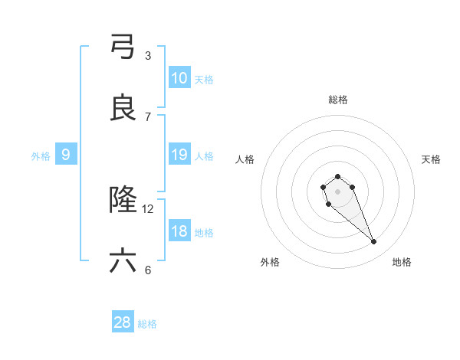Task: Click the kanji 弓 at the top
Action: [123, 46]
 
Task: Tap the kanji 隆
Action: [123, 201]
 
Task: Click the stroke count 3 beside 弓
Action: [148, 55]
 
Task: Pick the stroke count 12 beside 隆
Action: [148, 208]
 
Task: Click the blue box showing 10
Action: [179, 78]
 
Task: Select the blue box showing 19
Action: [179, 155]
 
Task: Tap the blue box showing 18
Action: [179, 232]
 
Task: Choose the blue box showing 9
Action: [66, 155]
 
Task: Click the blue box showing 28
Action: [123, 323]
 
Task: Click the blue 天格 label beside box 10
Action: [204, 79]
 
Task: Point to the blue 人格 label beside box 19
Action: [204, 156]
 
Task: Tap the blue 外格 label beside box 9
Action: [41, 156]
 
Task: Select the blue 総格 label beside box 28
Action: [147, 324]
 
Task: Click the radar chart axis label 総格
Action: [337, 100]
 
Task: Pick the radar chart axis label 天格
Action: [431, 159]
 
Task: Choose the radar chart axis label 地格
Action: [402, 262]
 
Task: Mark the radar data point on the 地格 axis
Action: [374, 242]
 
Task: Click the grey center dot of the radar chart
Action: [337, 191]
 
